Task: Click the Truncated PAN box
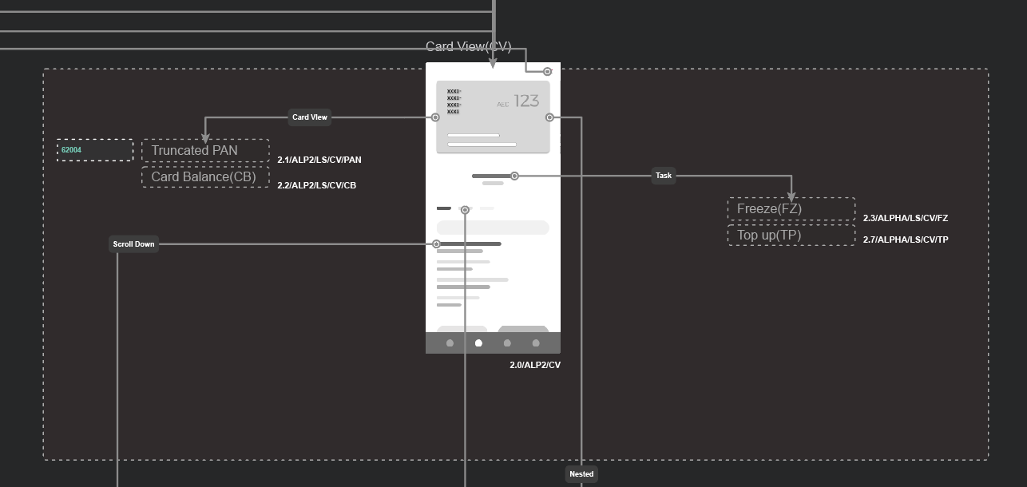point(205,151)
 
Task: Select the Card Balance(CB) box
point(205,177)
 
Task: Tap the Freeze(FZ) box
point(791,209)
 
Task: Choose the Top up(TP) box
point(791,236)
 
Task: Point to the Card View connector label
point(310,117)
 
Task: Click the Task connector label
point(664,176)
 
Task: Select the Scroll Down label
point(133,244)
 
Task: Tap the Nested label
point(581,474)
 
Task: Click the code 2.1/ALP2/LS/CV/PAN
point(319,160)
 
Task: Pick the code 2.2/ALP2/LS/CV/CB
point(317,186)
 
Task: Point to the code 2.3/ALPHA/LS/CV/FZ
point(906,218)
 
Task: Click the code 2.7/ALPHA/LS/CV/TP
point(906,240)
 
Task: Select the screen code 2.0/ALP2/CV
point(535,366)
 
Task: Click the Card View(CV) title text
point(468,47)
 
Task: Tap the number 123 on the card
point(526,101)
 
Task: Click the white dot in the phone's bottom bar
point(479,343)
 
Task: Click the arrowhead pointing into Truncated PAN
point(205,138)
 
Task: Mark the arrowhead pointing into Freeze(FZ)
point(791,196)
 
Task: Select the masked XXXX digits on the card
point(454,101)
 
